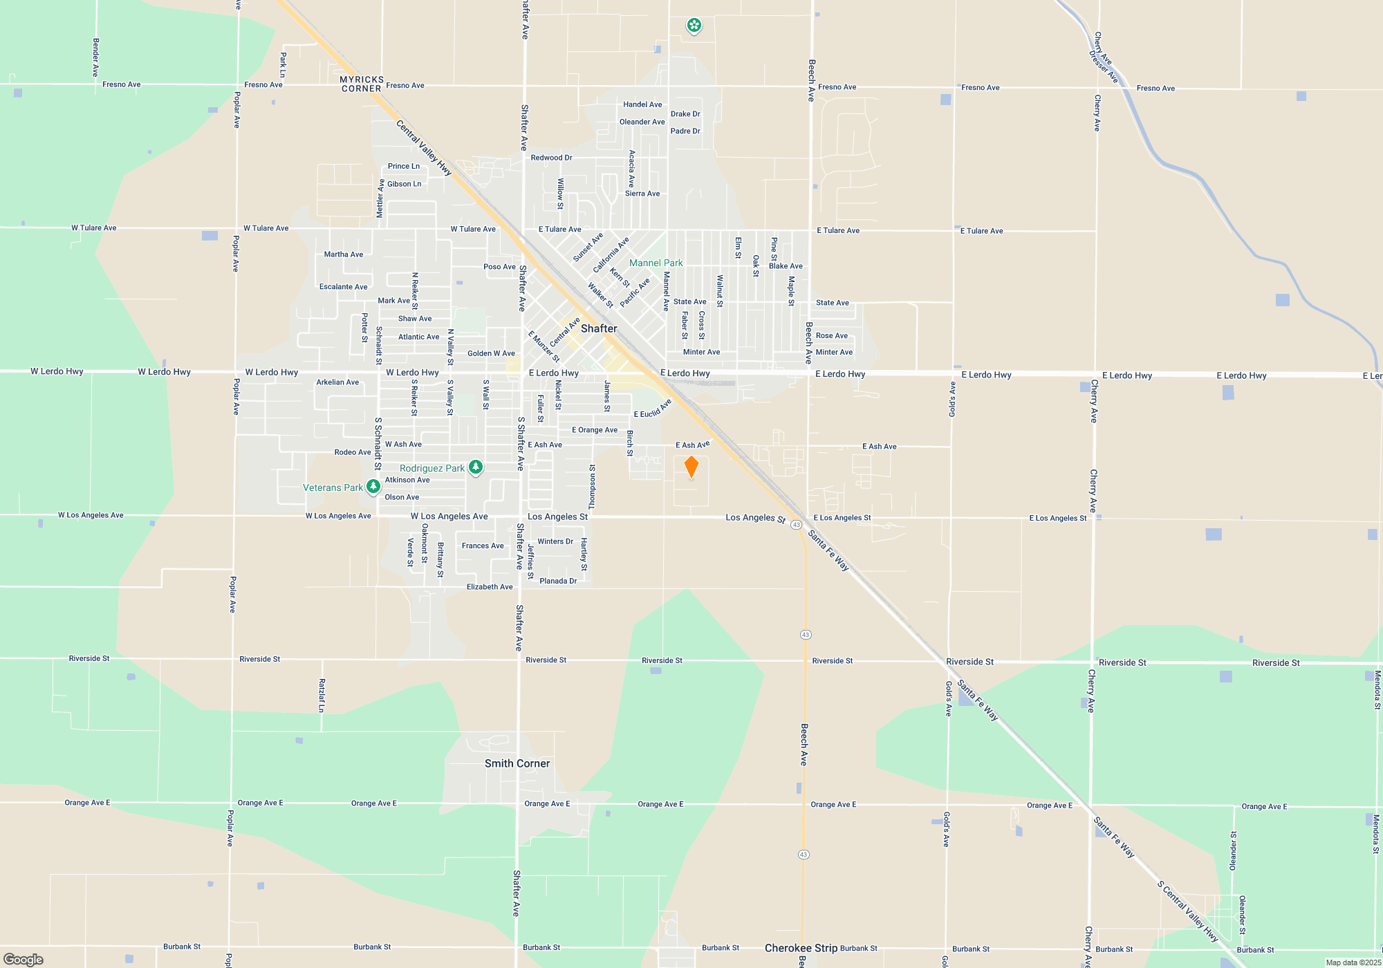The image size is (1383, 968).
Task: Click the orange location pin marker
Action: (691, 467)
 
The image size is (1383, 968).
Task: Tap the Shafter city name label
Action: (599, 328)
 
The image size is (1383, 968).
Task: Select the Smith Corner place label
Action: (517, 763)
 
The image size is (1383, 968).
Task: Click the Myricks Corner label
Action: (362, 84)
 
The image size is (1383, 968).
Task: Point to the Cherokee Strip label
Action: (801, 948)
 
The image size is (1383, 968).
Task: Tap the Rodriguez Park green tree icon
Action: (476, 468)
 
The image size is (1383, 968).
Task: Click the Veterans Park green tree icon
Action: (373, 487)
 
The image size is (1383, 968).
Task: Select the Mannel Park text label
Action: (656, 263)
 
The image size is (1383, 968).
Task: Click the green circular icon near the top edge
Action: (694, 26)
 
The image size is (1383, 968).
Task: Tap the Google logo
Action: (24, 959)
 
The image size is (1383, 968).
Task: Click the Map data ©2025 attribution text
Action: (1353, 962)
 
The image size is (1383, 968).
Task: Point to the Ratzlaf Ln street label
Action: (322, 695)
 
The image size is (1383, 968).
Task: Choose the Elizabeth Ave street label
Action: (490, 587)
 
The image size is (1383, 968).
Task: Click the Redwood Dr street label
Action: (551, 158)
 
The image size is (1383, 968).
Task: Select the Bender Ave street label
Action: (96, 57)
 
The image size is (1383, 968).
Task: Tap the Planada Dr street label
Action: (558, 581)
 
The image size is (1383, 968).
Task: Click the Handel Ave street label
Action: (642, 104)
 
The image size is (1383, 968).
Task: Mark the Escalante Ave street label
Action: (343, 287)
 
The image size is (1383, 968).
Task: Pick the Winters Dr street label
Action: (555, 541)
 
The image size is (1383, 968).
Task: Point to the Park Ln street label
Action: (283, 64)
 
